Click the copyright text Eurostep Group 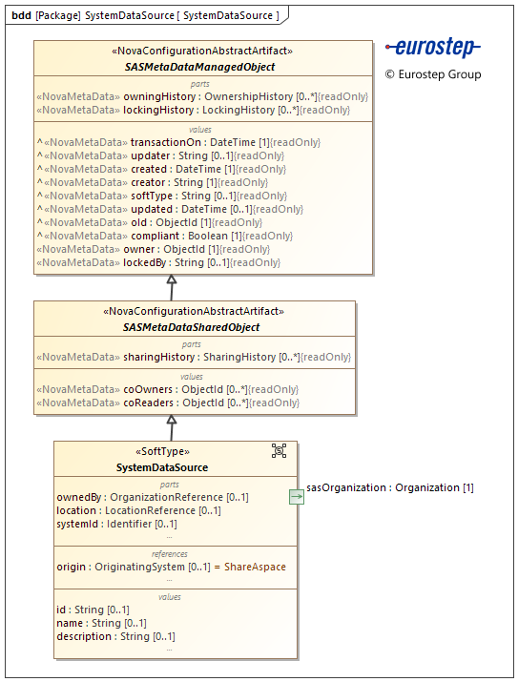click(x=433, y=74)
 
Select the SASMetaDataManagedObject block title click(x=199, y=67)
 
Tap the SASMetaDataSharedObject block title click(x=192, y=327)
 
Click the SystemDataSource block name click(x=162, y=467)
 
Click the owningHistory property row click(x=201, y=96)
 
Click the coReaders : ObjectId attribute click(x=167, y=403)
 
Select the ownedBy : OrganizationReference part click(x=153, y=497)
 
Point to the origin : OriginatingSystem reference click(x=171, y=567)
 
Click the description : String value click(x=115, y=636)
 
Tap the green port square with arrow click(x=297, y=496)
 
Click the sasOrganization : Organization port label click(x=390, y=487)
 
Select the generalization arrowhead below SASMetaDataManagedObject click(x=172, y=280)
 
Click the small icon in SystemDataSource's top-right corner click(x=279, y=450)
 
